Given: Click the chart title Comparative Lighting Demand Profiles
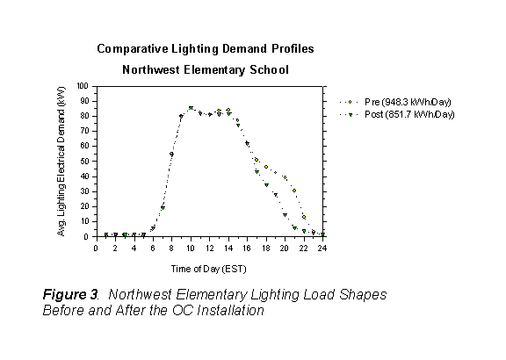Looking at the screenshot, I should pyautogui.click(x=204, y=49).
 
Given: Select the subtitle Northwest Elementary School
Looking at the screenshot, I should pyautogui.click(x=204, y=68).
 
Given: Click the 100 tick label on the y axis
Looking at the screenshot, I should pyautogui.click(x=83, y=86).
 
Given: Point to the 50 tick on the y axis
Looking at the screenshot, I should pyautogui.click(x=85, y=162).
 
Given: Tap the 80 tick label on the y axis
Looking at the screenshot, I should pyautogui.click(x=85, y=117).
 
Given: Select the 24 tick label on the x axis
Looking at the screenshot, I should pyautogui.click(x=322, y=248).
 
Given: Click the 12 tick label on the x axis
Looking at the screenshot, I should pyautogui.click(x=209, y=248).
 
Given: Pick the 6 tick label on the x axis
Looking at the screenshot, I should pyautogui.click(x=153, y=248).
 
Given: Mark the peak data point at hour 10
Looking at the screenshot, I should pyautogui.click(x=191, y=109).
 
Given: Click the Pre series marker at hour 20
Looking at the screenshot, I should pyautogui.click(x=285, y=178).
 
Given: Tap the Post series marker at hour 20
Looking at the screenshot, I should pyautogui.click(x=285, y=215).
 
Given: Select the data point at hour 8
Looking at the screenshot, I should pyautogui.click(x=171, y=155).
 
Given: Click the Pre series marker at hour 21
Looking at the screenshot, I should pyautogui.click(x=294, y=191).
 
